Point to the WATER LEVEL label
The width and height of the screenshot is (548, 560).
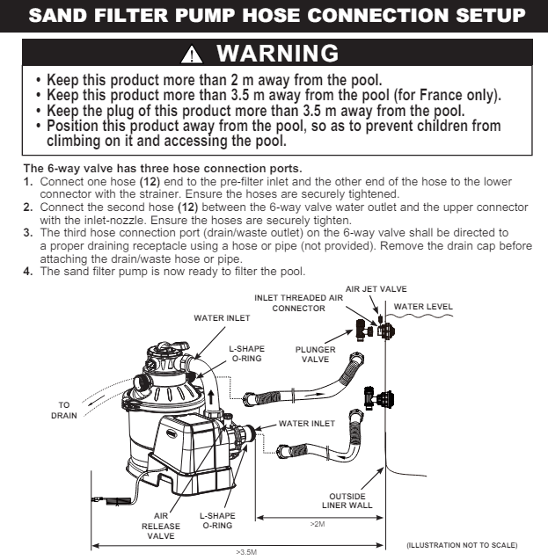423,307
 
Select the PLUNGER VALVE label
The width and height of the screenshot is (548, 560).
316,354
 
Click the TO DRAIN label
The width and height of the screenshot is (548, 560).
63,410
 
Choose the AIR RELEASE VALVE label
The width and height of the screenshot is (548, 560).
161,526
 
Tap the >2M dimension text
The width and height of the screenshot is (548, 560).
318,524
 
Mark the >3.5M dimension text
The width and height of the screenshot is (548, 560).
247,552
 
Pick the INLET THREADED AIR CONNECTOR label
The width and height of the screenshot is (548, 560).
298,303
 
